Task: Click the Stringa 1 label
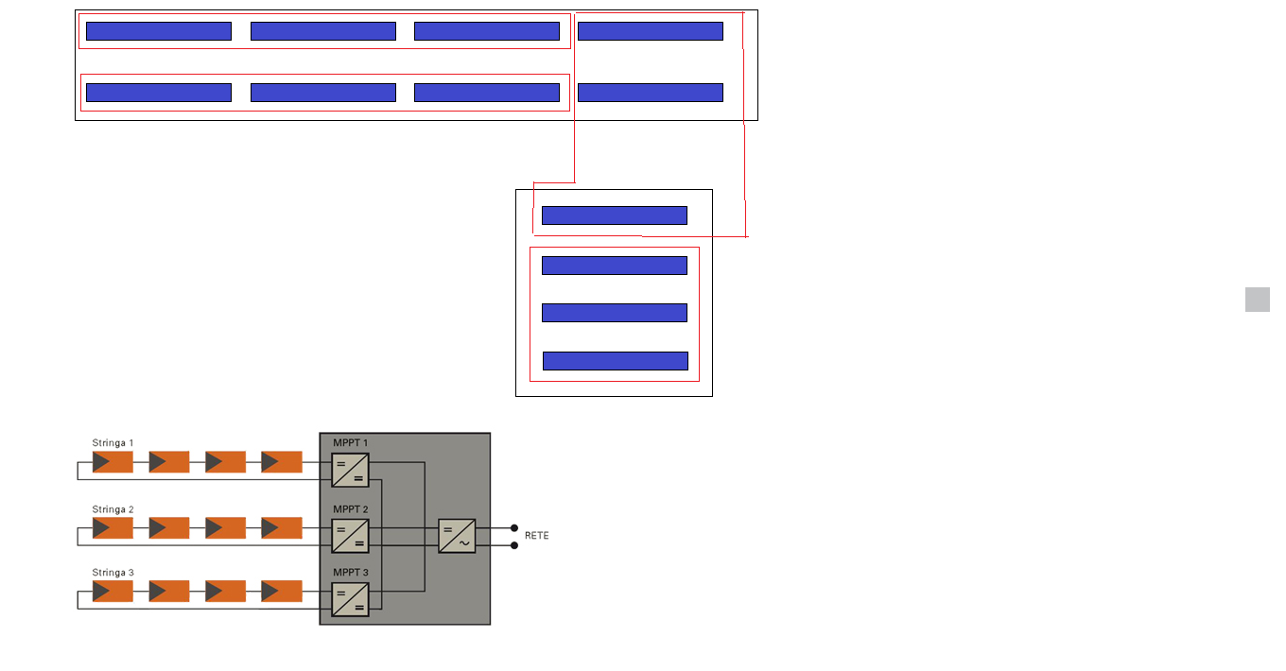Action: [x=113, y=443]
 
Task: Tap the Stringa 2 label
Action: [x=113, y=510]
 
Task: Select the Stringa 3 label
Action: [x=113, y=573]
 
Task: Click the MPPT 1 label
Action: [x=350, y=443]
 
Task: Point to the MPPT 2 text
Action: [x=350, y=510]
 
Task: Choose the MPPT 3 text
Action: [x=350, y=573]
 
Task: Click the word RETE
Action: [x=536, y=536]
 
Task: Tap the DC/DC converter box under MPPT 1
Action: [x=350, y=470]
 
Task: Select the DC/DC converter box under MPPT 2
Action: [x=350, y=536]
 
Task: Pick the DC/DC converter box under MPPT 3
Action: [x=350, y=599]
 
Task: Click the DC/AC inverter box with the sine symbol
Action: [x=457, y=536]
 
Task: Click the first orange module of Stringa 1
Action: [x=113, y=462]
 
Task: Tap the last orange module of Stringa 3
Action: [x=282, y=592]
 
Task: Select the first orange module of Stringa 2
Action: [x=113, y=528]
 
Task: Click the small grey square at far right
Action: [x=1257, y=300]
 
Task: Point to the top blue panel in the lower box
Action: [x=614, y=215]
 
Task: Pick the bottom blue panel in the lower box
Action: [x=615, y=361]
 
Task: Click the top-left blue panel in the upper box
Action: [x=158, y=31]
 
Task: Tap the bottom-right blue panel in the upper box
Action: [x=650, y=93]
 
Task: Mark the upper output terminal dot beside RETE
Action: [x=514, y=527]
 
